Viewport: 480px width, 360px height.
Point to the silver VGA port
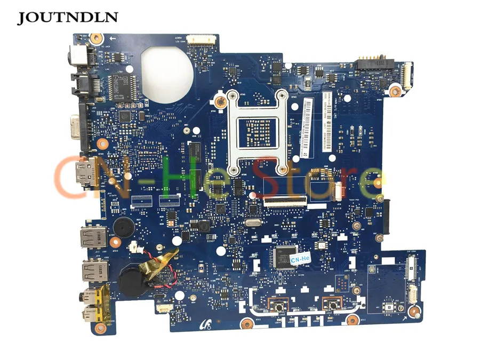86,121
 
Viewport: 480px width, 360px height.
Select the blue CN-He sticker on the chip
300,258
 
